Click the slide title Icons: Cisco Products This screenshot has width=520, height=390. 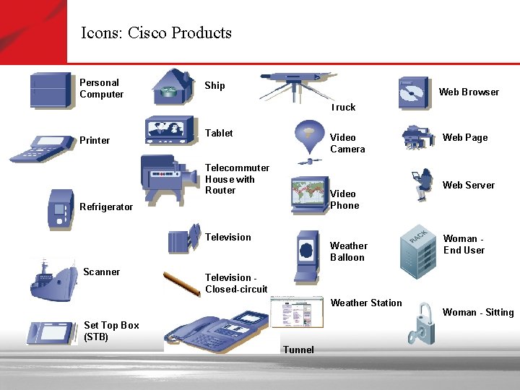click(156, 33)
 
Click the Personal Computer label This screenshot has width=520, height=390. click(101, 89)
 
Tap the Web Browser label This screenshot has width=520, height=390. click(469, 92)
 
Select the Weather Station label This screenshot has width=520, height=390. click(366, 303)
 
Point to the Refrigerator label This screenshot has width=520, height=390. click(106, 207)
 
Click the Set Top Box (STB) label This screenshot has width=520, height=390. click(111, 331)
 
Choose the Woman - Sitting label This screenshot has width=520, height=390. click(478, 312)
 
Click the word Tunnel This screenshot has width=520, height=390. click(299, 350)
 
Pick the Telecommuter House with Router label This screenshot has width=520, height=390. click(237, 179)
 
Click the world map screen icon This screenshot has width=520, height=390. click(310, 194)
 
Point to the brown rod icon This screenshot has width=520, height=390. click(181, 283)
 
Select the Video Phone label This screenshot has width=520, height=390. click(344, 199)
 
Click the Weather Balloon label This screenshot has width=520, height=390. click(349, 251)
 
